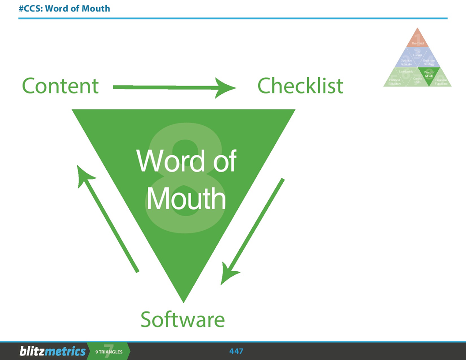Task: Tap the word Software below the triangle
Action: coord(182,319)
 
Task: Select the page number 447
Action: coord(236,351)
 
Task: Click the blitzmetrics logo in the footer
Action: coord(52,351)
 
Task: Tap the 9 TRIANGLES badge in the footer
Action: coord(109,352)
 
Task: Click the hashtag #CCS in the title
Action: coord(29,8)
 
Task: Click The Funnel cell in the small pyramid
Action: coord(417,53)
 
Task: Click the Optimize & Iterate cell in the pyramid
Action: coord(406,62)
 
